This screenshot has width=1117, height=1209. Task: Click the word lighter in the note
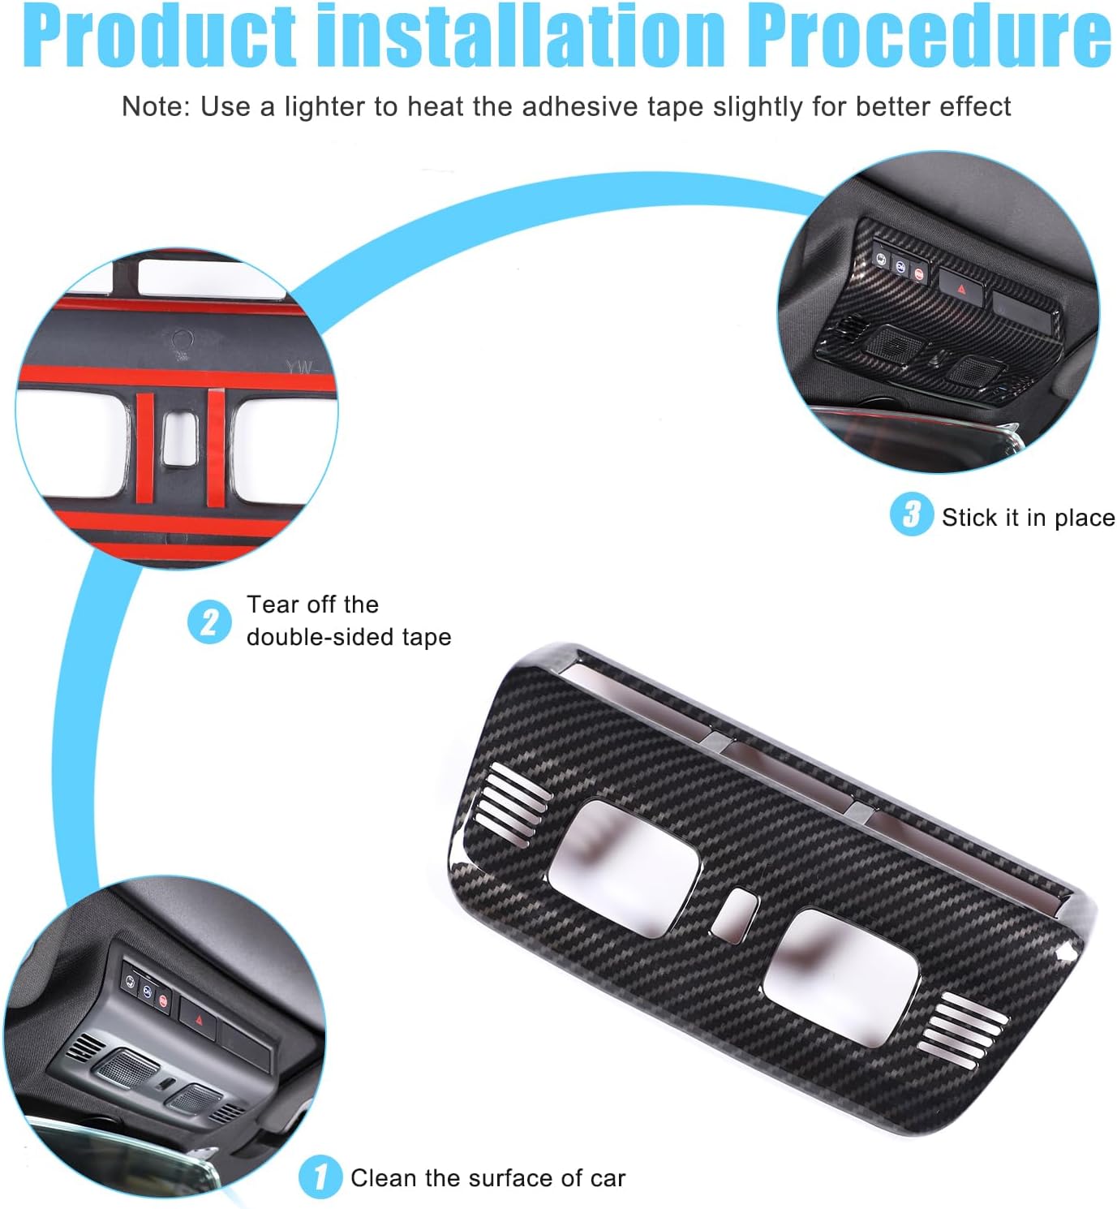point(325,107)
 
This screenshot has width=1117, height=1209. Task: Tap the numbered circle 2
point(209,622)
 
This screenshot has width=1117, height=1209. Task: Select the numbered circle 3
point(911,514)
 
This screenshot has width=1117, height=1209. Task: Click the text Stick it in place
point(1028,518)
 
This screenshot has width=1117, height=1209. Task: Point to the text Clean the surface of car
point(488,1177)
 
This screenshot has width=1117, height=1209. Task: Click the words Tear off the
point(312,604)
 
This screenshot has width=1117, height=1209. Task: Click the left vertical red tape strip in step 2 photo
point(145,450)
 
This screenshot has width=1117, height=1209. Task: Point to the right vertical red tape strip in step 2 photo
point(216,448)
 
